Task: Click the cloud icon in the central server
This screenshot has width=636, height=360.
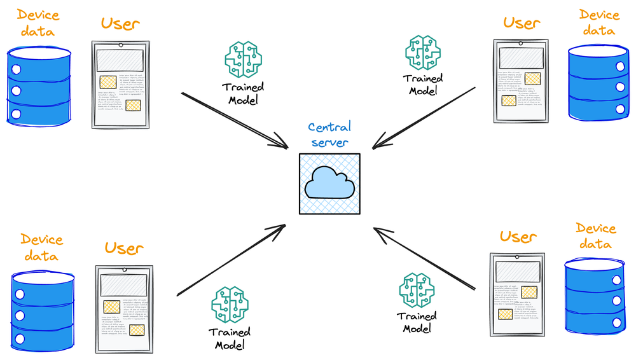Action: pos(329,183)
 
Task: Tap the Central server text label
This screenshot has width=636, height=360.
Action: pos(329,135)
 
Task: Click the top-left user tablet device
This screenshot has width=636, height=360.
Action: pos(120,85)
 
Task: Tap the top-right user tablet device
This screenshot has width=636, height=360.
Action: pos(520,81)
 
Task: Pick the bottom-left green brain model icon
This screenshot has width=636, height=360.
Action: pos(230,305)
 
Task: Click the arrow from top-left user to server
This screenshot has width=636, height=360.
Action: pos(235,121)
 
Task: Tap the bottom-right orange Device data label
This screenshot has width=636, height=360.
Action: pos(595,235)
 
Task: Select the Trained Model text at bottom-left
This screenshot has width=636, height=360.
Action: pos(230,338)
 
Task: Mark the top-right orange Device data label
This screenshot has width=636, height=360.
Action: pos(598,22)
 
